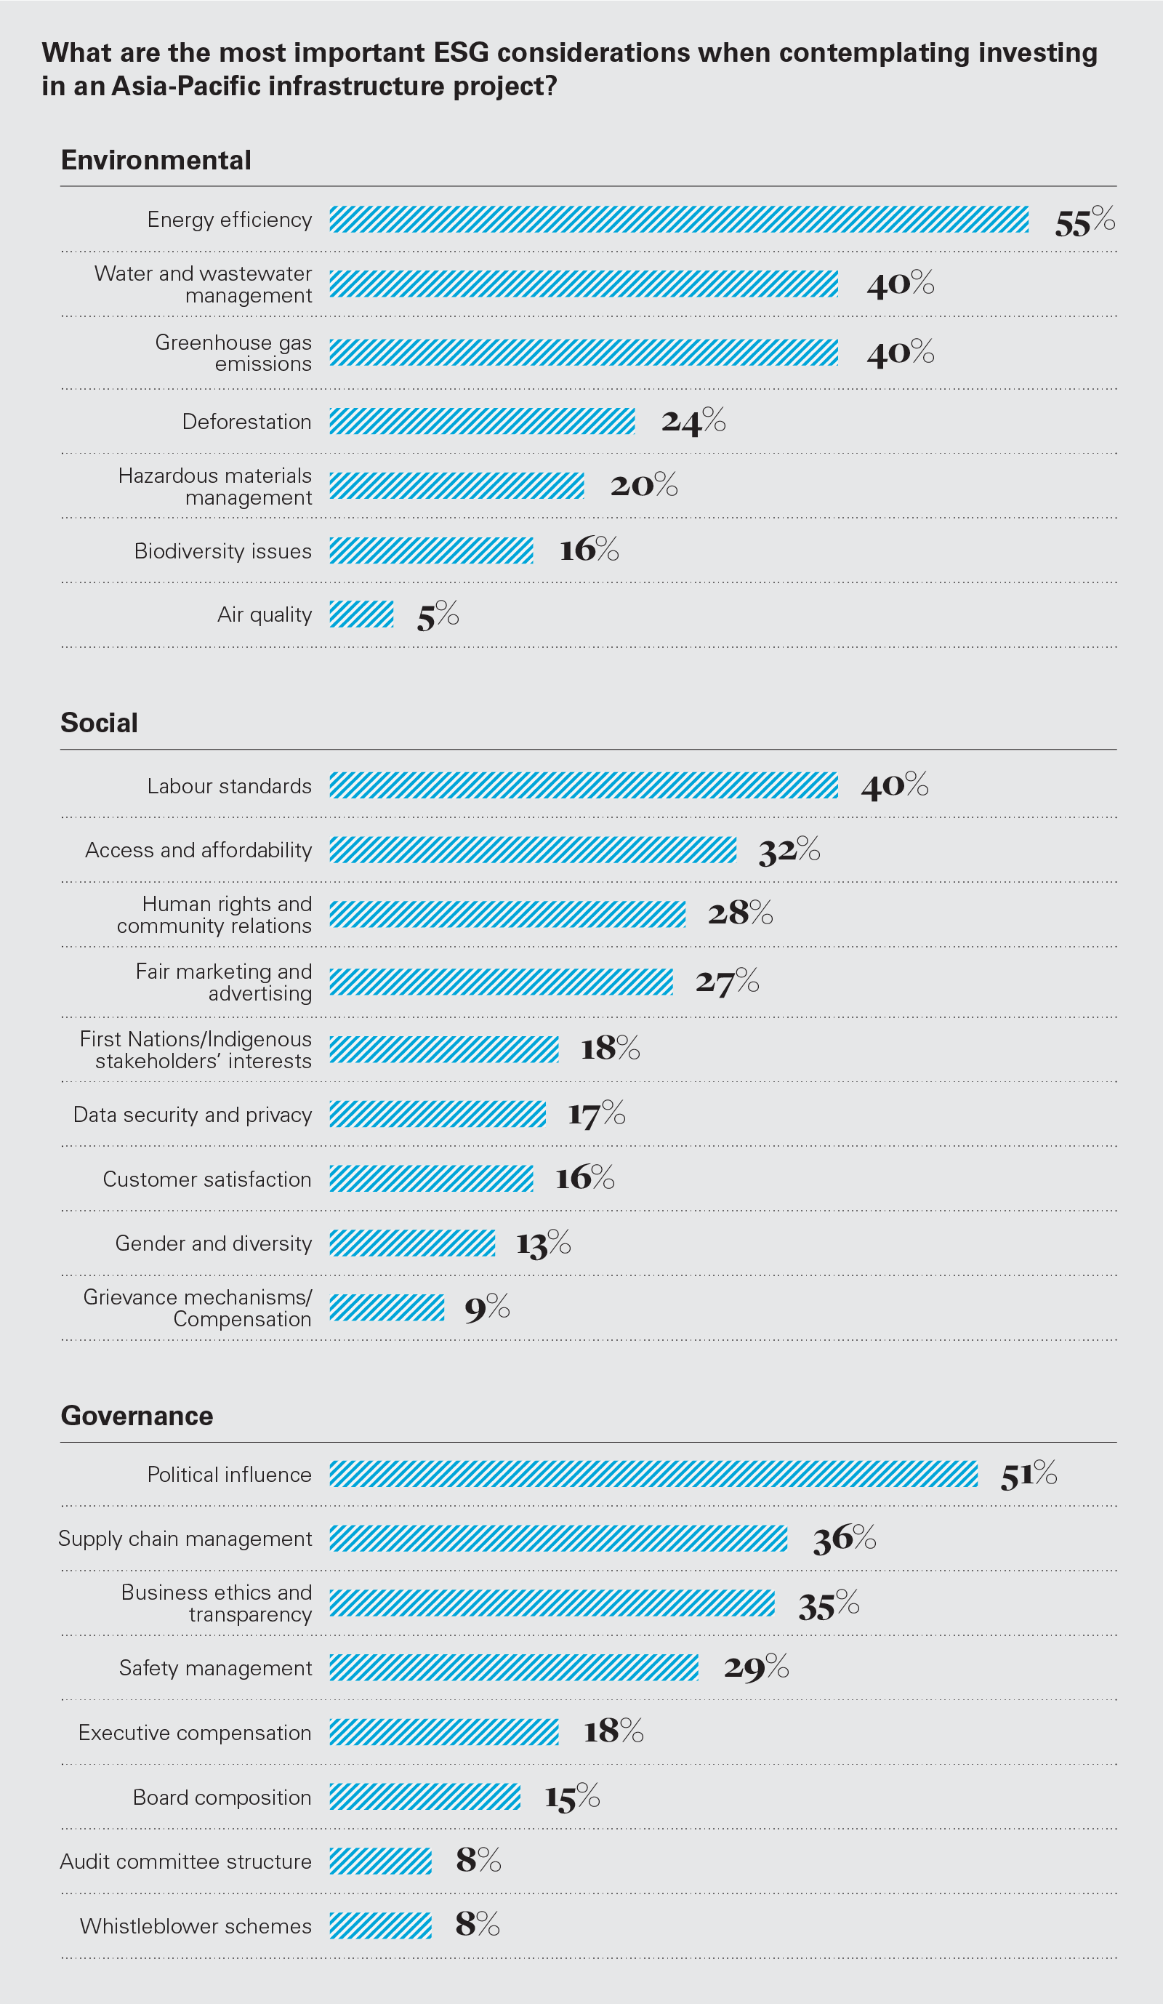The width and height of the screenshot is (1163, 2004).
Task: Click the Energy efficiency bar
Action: pyautogui.click(x=679, y=220)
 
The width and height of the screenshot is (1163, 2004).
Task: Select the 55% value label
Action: pyautogui.click(x=1084, y=221)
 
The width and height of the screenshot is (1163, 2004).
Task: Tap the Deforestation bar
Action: pyautogui.click(x=482, y=422)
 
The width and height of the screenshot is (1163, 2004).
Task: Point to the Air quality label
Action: pyautogui.click(x=264, y=614)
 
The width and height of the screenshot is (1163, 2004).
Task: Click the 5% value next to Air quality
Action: pyautogui.click(x=438, y=615)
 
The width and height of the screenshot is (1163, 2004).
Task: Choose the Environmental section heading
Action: pyautogui.click(x=156, y=160)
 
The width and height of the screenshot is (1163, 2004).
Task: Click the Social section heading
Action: pyautogui.click(x=100, y=723)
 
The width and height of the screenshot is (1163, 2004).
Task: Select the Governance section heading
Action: pyautogui.click(x=137, y=1416)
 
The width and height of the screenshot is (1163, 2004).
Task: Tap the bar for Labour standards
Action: pyautogui.click(x=584, y=786)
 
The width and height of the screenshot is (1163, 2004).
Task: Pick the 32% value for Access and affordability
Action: pyautogui.click(x=789, y=850)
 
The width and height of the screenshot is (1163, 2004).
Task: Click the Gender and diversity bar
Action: pyautogui.click(x=412, y=1243)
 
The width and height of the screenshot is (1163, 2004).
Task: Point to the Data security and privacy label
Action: pyautogui.click(x=193, y=1115)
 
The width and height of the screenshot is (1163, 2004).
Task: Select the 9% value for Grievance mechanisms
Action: pyautogui.click(x=486, y=1308)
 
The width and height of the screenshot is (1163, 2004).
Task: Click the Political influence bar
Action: pyautogui.click(x=653, y=1474)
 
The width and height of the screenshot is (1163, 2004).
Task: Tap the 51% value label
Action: pyautogui.click(x=1029, y=1475)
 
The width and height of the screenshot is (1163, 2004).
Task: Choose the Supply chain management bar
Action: pyautogui.click(x=558, y=1539)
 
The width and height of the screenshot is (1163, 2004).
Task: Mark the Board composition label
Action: pyautogui.click(x=222, y=1797)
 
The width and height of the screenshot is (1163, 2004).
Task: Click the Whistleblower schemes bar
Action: pyautogui.click(x=380, y=1926)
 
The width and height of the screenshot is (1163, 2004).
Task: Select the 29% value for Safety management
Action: pyautogui.click(x=756, y=1667)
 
